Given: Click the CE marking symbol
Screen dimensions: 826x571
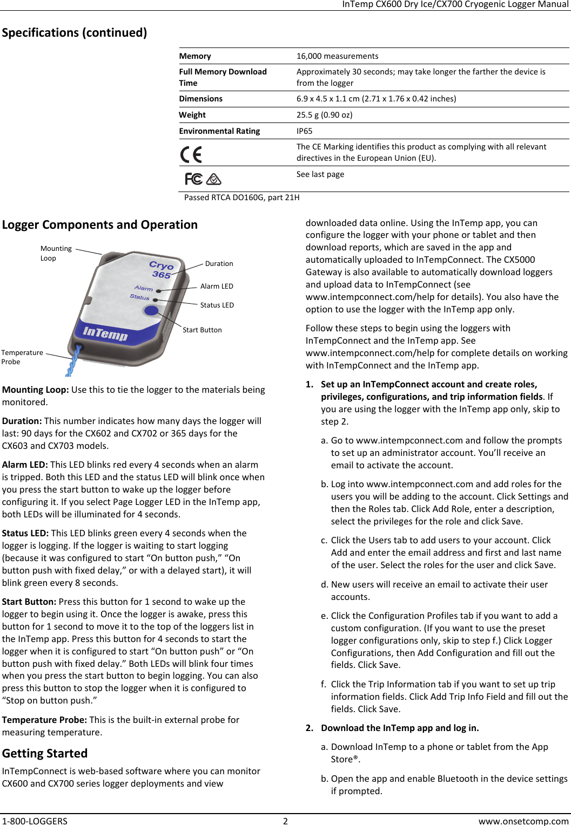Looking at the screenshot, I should pos(191,155).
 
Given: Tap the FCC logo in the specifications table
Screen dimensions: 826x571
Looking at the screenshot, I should pos(193,179).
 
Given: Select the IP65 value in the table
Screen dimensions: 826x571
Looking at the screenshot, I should pos(304,131).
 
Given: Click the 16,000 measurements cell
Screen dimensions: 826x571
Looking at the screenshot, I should pos(337,56).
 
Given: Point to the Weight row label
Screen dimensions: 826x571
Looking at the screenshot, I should pos(192,115).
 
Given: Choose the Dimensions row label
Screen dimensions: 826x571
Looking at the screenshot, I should pos(200,99).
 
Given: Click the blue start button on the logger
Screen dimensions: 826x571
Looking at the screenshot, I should pos(151,310).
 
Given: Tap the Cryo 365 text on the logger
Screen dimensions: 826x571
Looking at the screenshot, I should pos(161,270).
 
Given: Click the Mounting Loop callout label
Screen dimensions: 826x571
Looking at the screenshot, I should pos(56,253).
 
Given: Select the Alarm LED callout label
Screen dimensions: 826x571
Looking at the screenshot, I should pos(217,286).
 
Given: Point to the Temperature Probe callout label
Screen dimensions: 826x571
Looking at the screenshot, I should pos(22,357).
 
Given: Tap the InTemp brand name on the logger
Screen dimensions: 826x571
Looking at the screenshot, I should pos(105,334).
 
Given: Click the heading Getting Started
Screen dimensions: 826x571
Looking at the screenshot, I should pos(45,753).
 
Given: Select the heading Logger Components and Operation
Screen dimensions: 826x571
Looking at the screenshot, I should pos(100,224).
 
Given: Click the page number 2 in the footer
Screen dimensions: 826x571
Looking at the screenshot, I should pos(285,821).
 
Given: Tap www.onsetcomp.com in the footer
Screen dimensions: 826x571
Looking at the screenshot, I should pos(523,821).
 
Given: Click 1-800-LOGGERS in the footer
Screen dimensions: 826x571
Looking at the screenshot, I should pos(35,821).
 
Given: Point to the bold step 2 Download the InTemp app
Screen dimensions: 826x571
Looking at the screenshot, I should pos(399,728).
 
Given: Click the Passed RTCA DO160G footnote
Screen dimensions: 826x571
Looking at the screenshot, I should pos(241,197).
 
